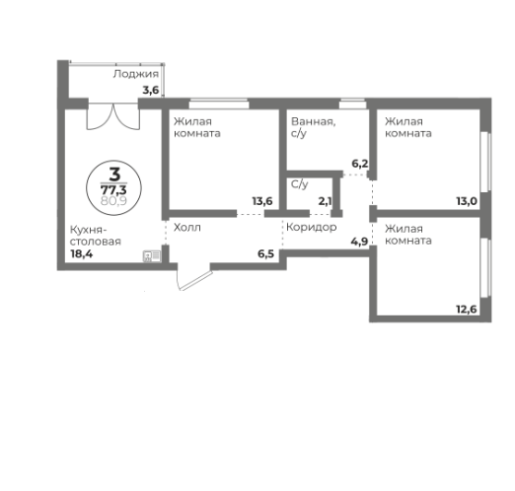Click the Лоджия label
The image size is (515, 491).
pos(136,74)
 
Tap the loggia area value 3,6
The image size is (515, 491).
pos(151,90)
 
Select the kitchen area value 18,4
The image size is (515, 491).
pos(82,253)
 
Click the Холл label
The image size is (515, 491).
pos(187,228)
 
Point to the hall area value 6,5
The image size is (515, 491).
pos(265,253)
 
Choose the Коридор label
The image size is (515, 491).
pos(312,227)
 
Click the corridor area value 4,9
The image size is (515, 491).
pos(359,242)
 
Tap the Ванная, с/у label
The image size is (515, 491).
pos(314,127)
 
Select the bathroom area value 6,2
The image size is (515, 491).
pos(360,164)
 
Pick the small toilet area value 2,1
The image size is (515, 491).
pos(325,201)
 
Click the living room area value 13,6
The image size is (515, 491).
pos(262,201)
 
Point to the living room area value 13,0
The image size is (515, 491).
pos(467,201)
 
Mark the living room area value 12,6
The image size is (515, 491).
pos(467,310)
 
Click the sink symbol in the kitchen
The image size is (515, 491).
pos(152,256)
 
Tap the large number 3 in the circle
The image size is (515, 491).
pos(114,175)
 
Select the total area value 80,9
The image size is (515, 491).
pos(113,200)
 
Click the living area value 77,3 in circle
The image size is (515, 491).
pos(113,190)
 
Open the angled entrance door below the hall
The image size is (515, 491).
pos(194,277)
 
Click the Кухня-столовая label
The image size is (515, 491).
pos(96,236)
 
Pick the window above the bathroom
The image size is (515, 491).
pos(352,104)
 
